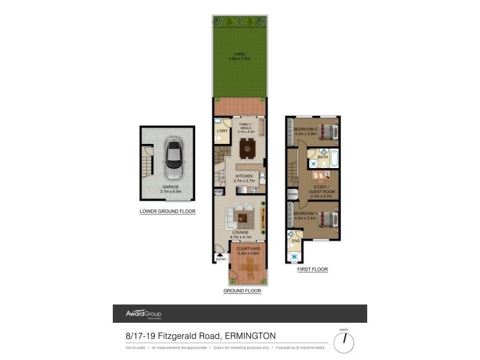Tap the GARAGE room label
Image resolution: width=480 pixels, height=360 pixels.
(170, 187)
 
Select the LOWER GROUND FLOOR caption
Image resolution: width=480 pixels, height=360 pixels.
(167, 211)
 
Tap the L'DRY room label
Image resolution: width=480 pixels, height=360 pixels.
(221, 130)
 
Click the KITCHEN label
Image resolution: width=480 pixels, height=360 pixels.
(244, 176)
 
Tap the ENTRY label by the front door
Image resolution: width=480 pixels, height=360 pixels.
(221, 259)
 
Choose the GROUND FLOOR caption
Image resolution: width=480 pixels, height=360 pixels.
(242, 291)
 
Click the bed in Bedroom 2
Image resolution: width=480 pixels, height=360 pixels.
(327, 130)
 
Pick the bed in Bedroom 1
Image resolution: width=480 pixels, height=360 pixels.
(327, 217)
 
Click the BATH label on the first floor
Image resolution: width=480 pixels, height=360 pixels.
(322, 157)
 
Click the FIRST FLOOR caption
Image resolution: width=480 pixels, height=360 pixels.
(313, 270)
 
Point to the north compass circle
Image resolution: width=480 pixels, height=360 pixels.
(344, 343)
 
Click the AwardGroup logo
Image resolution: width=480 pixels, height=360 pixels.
(143, 314)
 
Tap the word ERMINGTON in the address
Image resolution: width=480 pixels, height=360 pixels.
(251, 336)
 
